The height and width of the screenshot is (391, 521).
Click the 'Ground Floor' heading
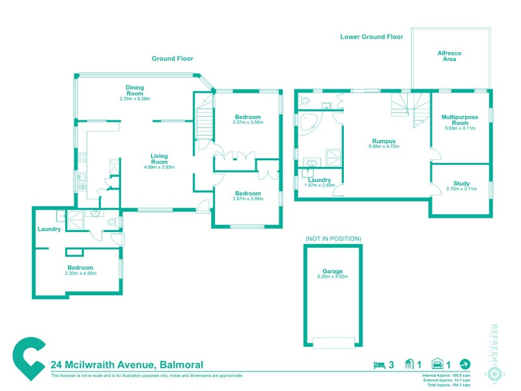pyautogui.click(x=173, y=58)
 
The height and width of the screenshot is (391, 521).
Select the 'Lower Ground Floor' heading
pyautogui.click(x=372, y=37)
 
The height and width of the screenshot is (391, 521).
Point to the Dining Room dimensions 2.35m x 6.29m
pyautogui.click(x=135, y=99)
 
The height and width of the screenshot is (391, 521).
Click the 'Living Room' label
pyautogui.click(x=160, y=160)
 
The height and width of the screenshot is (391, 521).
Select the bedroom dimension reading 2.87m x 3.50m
pyautogui.click(x=247, y=198)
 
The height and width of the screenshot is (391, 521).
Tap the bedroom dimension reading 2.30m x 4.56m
pyautogui.click(x=80, y=274)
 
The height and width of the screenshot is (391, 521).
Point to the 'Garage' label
pyautogui.click(x=332, y=271)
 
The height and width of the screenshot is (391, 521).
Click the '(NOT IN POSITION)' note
pyautogui.click(x=333, y=239)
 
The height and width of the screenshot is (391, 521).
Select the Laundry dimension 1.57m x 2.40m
pyautogui.click(x=319, y=185)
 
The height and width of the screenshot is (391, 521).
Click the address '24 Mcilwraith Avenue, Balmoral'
pyautogui.click(x=127, y=364)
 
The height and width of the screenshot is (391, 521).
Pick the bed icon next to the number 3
pyautogui.click(x=377, y=364)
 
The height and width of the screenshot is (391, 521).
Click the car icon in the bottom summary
pyautogui.click(x=438, y=364)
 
